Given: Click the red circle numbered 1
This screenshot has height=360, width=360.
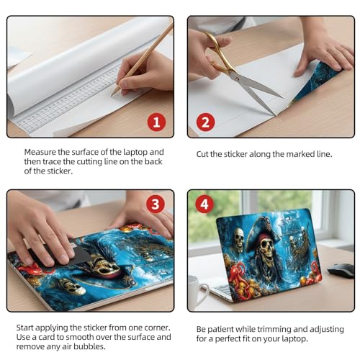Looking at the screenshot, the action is coord(156,122).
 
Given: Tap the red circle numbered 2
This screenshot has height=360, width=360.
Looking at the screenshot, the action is coord(206,122).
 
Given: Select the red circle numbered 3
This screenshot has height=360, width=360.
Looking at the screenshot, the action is coord(156,204).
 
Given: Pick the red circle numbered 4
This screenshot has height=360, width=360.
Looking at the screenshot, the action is coord(204,204).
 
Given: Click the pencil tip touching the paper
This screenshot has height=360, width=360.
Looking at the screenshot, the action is coord(112,96).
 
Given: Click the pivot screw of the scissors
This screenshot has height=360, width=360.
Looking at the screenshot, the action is coord(238,78).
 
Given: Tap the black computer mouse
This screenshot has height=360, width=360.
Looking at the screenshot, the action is coord(341,271).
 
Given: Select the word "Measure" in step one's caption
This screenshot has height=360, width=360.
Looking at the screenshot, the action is coord(40,152).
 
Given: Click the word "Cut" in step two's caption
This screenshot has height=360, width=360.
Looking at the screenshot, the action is coord(202,154).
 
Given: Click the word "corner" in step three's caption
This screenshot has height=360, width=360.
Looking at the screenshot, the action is coord(157,328).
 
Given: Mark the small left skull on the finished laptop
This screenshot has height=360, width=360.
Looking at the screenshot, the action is coord(238,238).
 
